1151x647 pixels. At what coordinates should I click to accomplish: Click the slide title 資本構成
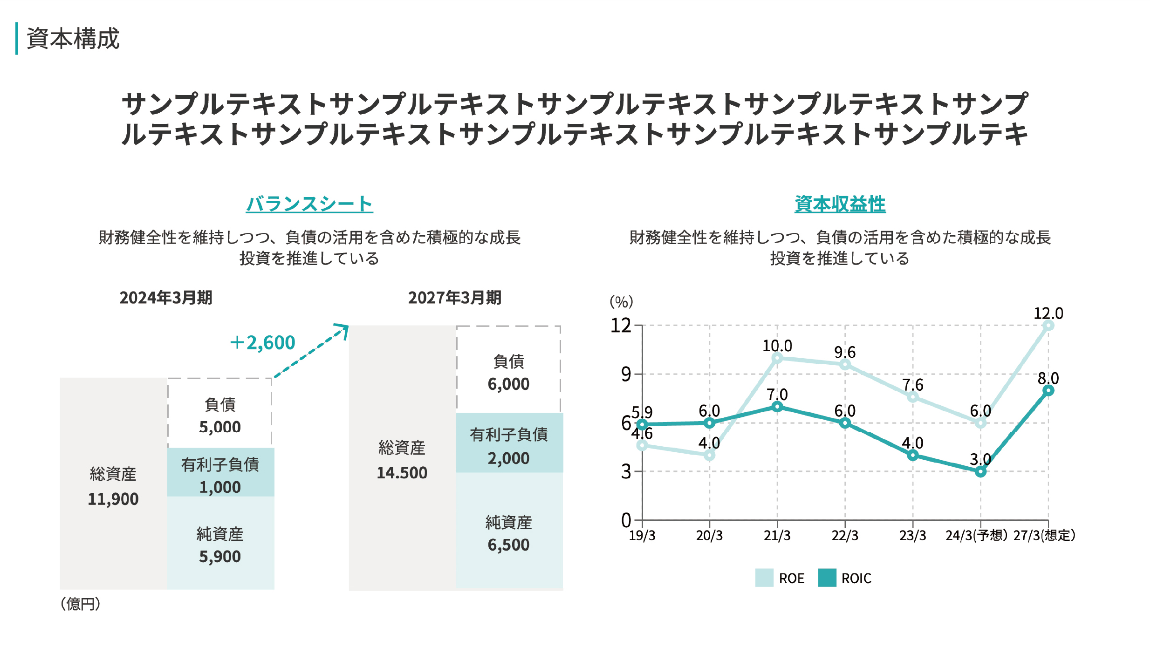tap(73, 39)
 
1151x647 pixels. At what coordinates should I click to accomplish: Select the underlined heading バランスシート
tap(309, 204)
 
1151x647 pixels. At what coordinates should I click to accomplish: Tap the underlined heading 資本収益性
tap(840, 204)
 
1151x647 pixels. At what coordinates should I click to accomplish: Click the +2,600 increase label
tap(263, 343)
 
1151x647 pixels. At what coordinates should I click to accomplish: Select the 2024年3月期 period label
tap(166, 298)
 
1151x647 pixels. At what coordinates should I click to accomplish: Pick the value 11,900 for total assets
tap(113, 499)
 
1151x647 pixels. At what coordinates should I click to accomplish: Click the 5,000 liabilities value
tap(220, 427)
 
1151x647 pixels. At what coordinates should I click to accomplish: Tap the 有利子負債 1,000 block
tap(220, 472)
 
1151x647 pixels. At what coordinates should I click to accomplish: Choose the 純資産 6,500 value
tap(508, 545)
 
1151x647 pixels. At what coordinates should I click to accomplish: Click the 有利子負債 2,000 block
tap(509, 443)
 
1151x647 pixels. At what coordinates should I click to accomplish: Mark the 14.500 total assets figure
tap(402, 473)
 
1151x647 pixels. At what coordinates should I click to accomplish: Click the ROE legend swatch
tap(764, 578)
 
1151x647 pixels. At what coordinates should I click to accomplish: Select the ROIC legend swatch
tap(827, 578)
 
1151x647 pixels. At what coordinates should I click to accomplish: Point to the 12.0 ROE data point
tap(1048, 326)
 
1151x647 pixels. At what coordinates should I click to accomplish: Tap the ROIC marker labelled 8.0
tap(1048, 390)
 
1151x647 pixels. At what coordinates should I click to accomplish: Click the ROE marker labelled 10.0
tap(777, 358)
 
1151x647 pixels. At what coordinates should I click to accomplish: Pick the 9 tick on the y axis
tap(626, 375)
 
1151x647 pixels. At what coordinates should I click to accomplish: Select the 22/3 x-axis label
tap(845, 536)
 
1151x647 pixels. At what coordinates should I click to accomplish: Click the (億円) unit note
tap(80, 604)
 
